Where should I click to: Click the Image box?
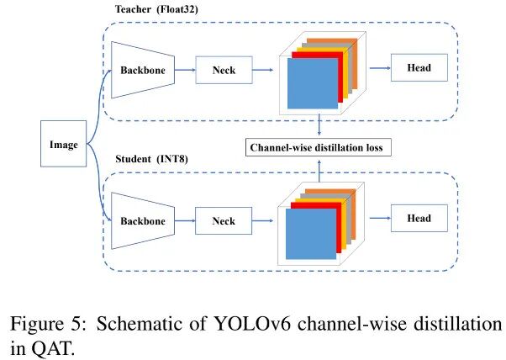tap(64, 144)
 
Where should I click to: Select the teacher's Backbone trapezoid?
tap(143, 70)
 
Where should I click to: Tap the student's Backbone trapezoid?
tap(143, 221)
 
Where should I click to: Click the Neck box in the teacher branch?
tap(224, 70)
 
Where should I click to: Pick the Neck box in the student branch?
tap(224, 221)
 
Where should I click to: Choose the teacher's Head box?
tap(419, 67)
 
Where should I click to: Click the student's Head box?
tap(419, 218)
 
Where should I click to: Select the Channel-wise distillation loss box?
tap(319, 147)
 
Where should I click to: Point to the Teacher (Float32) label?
tap(156, 9)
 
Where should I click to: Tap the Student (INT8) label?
tap(151, 159)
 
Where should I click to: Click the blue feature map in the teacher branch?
tap(313, 83)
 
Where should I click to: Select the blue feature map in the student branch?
tap(311, 234)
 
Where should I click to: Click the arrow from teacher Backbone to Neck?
tap(185, 70)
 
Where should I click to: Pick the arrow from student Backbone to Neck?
tap(185, 221)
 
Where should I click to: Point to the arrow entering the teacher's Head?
tap(380, 68)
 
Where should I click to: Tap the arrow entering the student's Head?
tap(380, 218)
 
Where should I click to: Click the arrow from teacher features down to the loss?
tap(319, 124)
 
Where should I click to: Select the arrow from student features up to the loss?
tap(319, 171)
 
